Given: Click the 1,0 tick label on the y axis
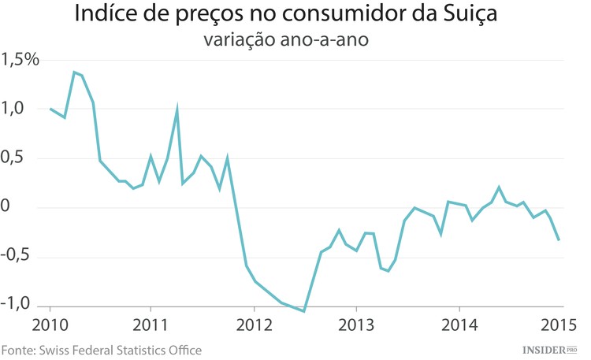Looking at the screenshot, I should [x=13, y=109].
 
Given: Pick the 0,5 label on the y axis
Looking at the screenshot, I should [x=13, y=158].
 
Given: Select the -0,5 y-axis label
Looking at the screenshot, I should [x=17, y=257].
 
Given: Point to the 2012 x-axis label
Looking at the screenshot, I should [x=254, y=326].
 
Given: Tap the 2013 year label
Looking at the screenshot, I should [x=356, y=326].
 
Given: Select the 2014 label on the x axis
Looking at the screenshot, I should [x=458, y=326].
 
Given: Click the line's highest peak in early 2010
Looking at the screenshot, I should [x=74, y=72].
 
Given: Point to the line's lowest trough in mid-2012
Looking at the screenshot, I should [x=304, y=311].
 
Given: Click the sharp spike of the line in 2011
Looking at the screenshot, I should [x=177, y=107].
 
